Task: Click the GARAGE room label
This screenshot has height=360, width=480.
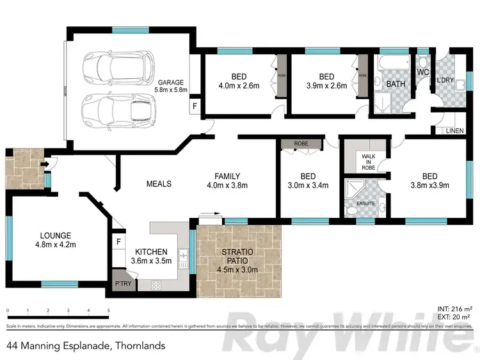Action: (x=171, y=82)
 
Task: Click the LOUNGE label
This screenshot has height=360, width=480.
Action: (x=53, y=235)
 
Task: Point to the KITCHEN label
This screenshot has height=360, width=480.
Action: (x=151, y=252)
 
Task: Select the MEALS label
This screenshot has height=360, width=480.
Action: (x=159, y=184)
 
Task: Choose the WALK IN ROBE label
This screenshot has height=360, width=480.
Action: (x=367, y=161)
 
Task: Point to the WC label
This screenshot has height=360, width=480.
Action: (x=422, y=73)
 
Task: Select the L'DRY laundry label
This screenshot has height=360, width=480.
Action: (x=445, y=81)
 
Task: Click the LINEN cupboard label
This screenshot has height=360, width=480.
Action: (x=454, y=131)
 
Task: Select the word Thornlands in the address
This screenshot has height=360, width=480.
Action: (x=140, y=347)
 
